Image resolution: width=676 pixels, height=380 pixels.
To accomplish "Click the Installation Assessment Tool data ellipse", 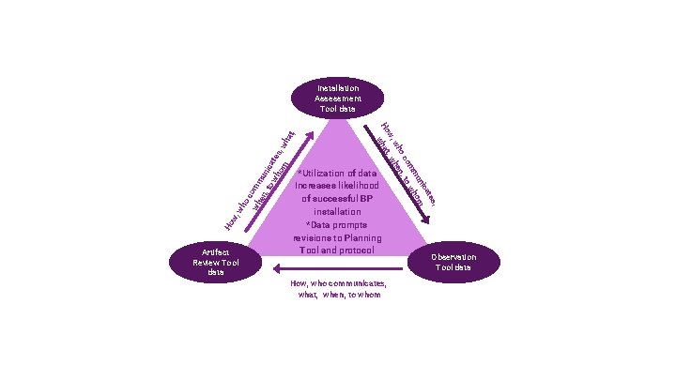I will [337, 98].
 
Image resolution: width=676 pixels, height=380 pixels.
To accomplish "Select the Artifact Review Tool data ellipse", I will [215, 262].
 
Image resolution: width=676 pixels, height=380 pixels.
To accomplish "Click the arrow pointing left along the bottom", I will [338, 269].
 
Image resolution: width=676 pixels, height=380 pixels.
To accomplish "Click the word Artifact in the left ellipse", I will [216, 251].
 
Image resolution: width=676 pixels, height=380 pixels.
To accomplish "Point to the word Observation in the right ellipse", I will [454, 257].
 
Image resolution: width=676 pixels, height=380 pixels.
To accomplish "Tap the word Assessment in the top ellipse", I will [337, 98].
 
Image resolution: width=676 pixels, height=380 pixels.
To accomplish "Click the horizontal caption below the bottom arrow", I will [338, 288].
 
